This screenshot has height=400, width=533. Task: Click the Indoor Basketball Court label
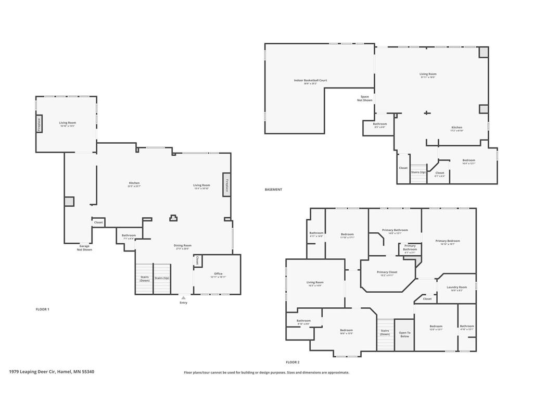[x=310, y=81]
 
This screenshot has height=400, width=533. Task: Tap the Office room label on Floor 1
[x=218, y=274]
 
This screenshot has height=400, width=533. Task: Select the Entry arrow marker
[x=183, y=297]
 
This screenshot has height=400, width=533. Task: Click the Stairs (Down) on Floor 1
[x=144, y=279]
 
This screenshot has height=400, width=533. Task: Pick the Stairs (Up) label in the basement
[x=418, y=172]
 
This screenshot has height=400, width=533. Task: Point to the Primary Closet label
[x=387, y=272]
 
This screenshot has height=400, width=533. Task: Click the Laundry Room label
[x=456, y=287]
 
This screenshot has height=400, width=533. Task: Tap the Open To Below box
[x=404, y=334]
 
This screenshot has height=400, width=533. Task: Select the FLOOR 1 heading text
[x=42, y=309]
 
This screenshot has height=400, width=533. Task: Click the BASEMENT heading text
[x=273, y=190]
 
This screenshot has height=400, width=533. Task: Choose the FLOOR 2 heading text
[x=293, y=362]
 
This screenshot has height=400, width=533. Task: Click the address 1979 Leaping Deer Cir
[x=52, y=372]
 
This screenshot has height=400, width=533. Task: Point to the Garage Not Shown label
[x=84, y=247]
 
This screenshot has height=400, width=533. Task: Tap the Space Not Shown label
[x=365, y=98]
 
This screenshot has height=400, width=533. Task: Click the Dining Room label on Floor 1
[x=183, y=246]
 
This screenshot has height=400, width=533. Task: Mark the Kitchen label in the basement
[x=456, y=128]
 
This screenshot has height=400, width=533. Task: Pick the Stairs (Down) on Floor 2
[x=385, y=332]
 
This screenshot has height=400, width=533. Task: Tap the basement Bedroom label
[x=468, y=161]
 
